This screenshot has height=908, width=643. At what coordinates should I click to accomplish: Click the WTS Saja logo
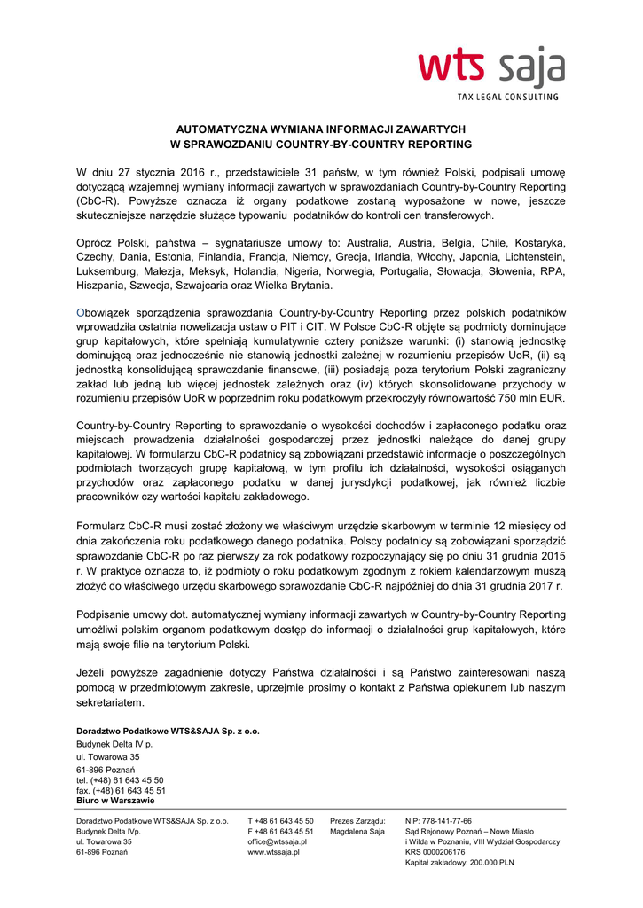click(x=491, y=67)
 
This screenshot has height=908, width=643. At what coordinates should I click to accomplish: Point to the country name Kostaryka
click(x=537, y=242)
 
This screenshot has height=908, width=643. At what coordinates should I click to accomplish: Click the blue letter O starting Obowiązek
click(x=81, y=313)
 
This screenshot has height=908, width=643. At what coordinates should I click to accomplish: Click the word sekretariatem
click(x=110, y=702)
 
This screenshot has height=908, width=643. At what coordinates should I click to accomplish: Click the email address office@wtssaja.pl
click(x=278, y=841)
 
